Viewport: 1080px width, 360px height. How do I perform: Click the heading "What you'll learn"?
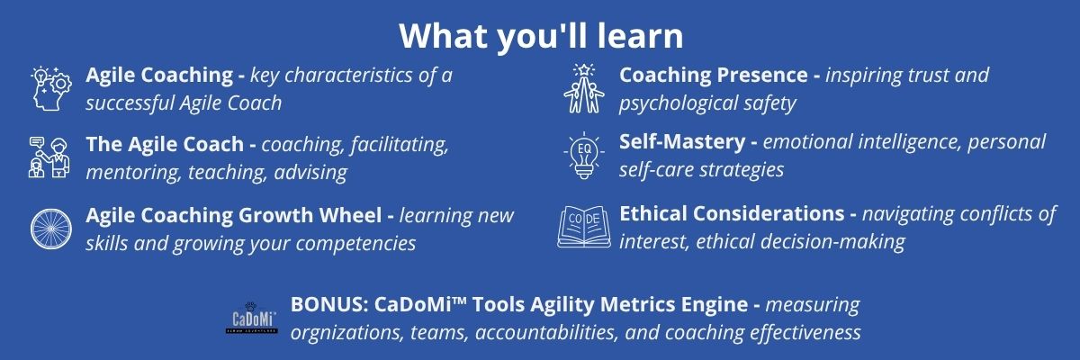tap(541, 36)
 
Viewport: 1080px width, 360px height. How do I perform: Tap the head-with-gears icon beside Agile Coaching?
tap(50, 89)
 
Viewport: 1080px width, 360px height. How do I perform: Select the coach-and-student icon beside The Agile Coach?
tap(49, 157)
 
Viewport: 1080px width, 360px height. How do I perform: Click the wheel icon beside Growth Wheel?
tap(51, 229)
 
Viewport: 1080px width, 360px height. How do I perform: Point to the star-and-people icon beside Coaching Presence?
tap(584, 89)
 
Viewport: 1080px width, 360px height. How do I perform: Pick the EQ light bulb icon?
tap(584, 156)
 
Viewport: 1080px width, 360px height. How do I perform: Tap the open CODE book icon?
tap(584, 227)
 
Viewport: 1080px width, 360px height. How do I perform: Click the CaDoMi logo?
tap(252, 317)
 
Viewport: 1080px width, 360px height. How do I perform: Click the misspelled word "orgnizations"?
tap(346, 333)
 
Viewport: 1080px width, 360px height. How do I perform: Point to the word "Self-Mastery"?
tap(682, 141)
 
